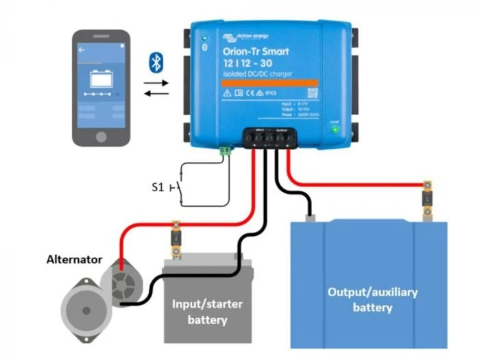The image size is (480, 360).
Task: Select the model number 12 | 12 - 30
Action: coord(248,63)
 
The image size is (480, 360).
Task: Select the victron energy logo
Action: coord(245,36)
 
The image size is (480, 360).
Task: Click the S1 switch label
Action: coord(157,187)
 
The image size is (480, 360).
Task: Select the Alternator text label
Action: coord(74,260)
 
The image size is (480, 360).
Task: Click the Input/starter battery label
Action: coord(207,311)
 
